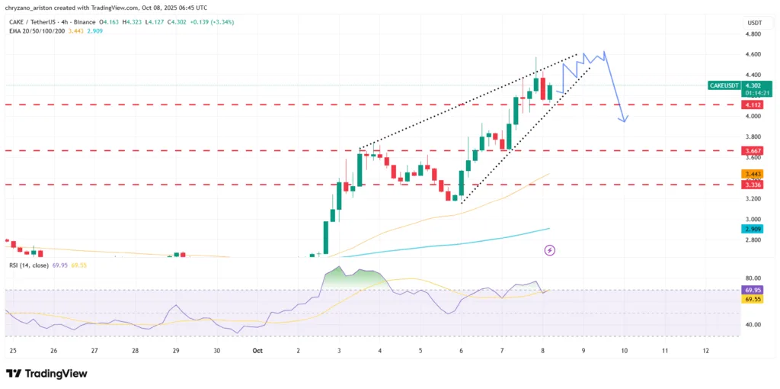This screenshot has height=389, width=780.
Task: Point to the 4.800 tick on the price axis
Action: point(753,34)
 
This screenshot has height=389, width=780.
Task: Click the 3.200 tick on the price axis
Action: point(753,198)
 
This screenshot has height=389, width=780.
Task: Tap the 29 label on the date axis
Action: point(176,350)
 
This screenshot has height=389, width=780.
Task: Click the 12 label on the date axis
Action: point(706,350)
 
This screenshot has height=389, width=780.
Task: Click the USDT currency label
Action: point(753,24)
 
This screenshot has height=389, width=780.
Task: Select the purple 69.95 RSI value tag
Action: point(753,290)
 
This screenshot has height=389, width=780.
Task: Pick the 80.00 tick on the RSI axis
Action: point(753,278)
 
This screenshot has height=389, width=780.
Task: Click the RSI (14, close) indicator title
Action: point(28,265)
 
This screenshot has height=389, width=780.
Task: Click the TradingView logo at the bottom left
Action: point(46,373)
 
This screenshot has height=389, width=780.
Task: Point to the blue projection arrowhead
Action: point(624,120)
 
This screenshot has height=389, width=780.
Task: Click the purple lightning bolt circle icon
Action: point(550,249)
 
